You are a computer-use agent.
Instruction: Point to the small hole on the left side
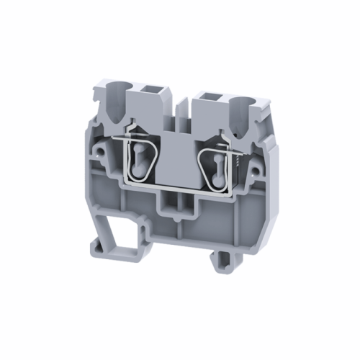click(99, 151)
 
